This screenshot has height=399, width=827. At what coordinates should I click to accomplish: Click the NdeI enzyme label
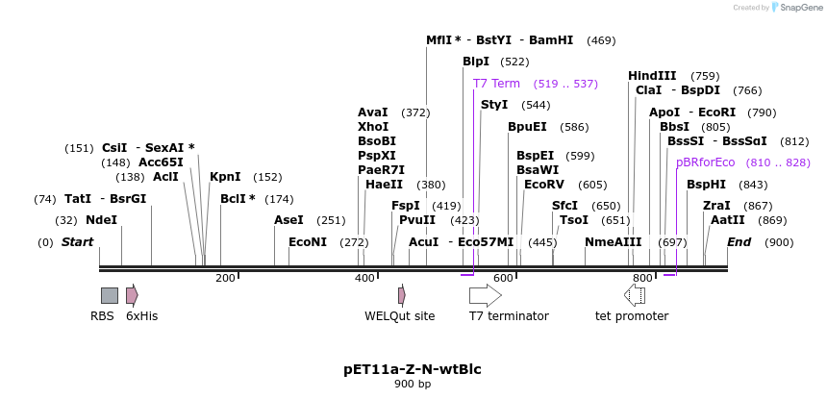[101, 219]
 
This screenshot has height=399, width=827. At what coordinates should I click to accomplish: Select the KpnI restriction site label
[225, 177]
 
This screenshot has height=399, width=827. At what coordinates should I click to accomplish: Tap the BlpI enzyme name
[476, 62]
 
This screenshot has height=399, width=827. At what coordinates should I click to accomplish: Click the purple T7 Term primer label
[496, 84]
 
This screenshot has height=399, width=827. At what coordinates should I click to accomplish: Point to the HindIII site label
[652, 76]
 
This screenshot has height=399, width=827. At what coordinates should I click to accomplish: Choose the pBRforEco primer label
[705, 162]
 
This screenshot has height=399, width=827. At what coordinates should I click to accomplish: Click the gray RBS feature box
[110, 295]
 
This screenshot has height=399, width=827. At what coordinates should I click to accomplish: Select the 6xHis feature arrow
[132, 295]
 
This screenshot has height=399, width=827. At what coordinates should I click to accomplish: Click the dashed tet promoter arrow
[635, 295]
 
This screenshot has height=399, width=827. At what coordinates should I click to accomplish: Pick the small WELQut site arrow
[402, 295]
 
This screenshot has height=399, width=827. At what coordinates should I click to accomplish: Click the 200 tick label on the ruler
[225, 279]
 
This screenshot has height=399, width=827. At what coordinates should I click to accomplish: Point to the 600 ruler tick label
[504, 279]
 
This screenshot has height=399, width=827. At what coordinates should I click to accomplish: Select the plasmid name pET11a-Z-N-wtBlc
[413, 368]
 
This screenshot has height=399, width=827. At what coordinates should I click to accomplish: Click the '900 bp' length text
[413, 385]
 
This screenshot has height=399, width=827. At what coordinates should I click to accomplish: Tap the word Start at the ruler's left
[78, 242]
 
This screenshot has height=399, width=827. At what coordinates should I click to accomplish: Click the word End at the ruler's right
[739, 242]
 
